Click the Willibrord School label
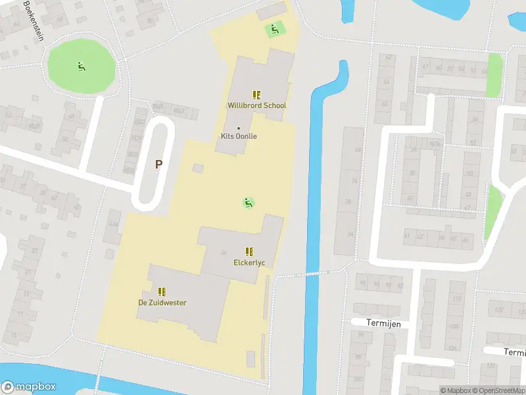pyautogui.click(x=256, y=105)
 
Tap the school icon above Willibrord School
pyautogui.click(x=256, y=95)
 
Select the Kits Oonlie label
pyautogui.click(x=238, y=136)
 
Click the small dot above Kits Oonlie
pyautogui.click(x=238, y=128)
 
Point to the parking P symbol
pyautogui.click(x=158, y=164)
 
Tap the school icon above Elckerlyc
pyautogui.click(x=249, y=251)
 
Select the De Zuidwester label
pyautogui.click(x=162, y=303)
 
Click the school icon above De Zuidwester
pyautogui.click(x=162, y=291)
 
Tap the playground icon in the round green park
pyautogui.click(x=81, y=65)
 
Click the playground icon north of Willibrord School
pyautogui.click(x=274, y=29)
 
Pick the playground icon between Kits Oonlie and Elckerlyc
pyautogui.click(x=249, y=203)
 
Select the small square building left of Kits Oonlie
pyautogui.click(x=198, y=168)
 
